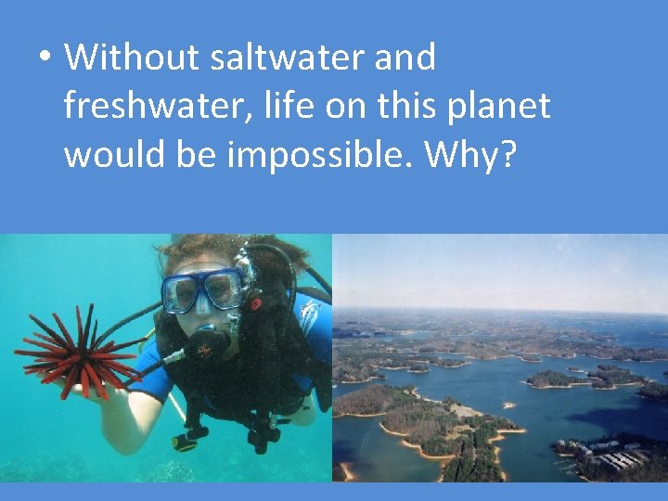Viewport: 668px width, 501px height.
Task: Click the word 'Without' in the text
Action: coord(132,58)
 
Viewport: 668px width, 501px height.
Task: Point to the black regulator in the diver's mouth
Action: coord(210,343)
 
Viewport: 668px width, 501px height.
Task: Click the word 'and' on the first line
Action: coord(405,58)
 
